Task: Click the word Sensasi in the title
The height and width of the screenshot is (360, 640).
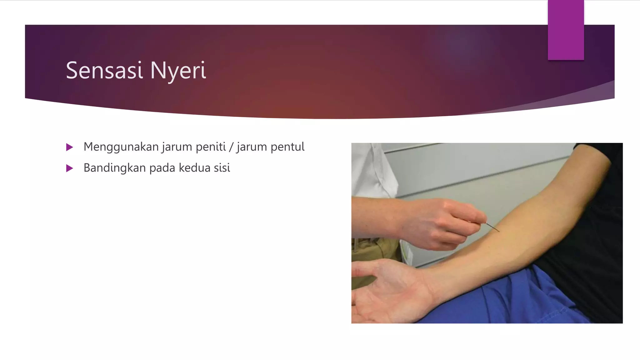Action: point(104,71)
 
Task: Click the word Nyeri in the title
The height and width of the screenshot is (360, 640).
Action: point(178,71)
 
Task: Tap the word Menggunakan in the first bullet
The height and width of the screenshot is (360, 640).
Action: point(121,147)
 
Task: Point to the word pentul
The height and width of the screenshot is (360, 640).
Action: point(287,147)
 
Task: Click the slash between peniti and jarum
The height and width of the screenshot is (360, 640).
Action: point(231,147)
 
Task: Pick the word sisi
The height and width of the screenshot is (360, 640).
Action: point(222,168)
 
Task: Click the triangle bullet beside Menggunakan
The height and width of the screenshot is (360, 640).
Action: point(70,147)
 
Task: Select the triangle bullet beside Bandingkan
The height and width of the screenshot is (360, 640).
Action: point(70,168)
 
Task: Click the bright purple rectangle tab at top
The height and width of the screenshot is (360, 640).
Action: point(566,30)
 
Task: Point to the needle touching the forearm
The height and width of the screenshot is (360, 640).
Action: point(493,227)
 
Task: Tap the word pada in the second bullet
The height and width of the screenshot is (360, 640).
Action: point(162,168)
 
